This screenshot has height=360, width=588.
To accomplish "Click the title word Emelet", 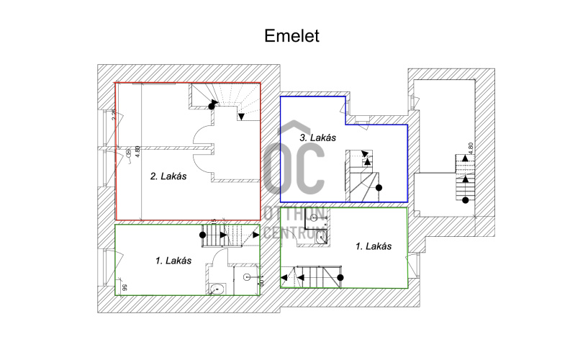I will pyautogui.click(x=291, y=36).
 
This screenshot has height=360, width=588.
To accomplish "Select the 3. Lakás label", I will pyautogui.click(x=317, y=137).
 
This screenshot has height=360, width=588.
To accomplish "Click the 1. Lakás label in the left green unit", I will pyautogui.click(x=173, y=261).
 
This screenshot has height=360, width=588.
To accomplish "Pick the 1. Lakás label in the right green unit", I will pyautogui.click(x=374, y=246).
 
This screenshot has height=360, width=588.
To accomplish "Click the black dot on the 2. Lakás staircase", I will pyautogui.click(x=212, y=106).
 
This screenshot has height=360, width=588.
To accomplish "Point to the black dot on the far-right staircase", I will pyautogui.click(x=465, y=199).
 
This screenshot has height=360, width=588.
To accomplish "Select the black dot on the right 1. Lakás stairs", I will pyautogui.click(x=340, y=276).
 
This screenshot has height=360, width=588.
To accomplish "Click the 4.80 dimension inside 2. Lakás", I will pyautogui.click(x=137, y=153).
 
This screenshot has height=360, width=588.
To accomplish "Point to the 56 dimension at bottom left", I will pyautogui.click(x=125, y=287).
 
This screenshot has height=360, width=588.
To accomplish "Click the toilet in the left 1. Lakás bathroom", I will pyautogui.click(x=215, y=289).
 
